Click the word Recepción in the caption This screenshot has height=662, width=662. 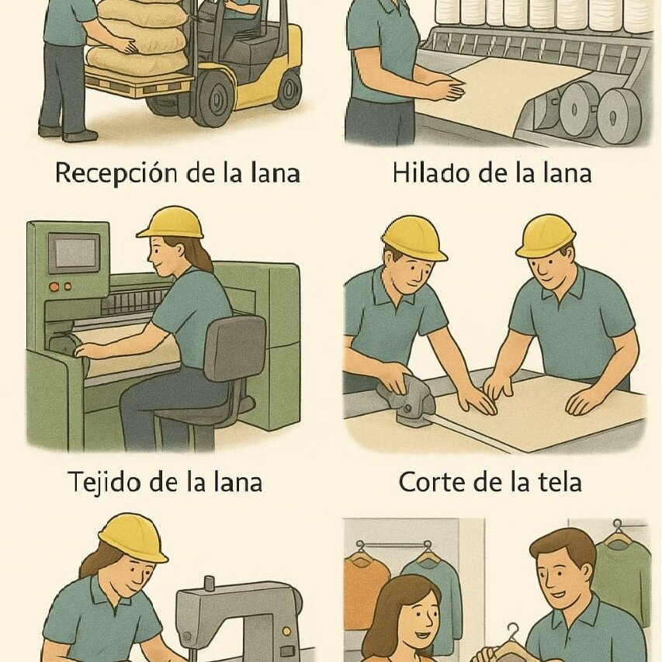click(116, 173)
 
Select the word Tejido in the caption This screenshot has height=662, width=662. click(105, 482)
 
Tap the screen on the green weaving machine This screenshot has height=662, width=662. click(75, 252)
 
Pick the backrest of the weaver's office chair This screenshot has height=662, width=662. click(234, 348)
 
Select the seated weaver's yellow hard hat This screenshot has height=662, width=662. click(171, 224)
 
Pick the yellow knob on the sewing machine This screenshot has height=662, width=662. click(286, 631)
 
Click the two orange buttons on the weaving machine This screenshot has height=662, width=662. click(60, 286)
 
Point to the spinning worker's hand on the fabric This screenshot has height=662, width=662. click(449, 89)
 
